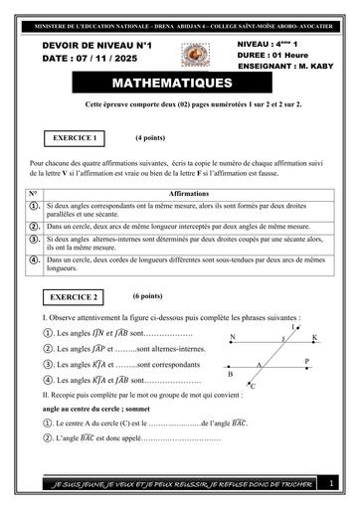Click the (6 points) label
[150, 295]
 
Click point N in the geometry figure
[233, 338]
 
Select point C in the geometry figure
[253, 386]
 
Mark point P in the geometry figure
[306, 362]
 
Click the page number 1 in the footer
[332, 483]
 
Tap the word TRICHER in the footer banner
[288, 483]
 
